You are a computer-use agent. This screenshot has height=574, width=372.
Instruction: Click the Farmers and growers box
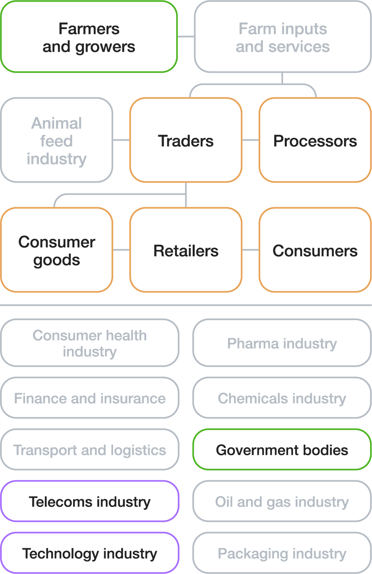click(x=89, y=37)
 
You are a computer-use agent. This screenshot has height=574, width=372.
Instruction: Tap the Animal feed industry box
click(x=57, y=140)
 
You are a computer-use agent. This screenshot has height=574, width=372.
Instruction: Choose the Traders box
click(x=186, y=140)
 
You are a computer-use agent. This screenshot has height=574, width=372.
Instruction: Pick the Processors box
click(x=315, y=140)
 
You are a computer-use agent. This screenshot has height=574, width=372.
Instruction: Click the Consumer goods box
click(x=57, y=250)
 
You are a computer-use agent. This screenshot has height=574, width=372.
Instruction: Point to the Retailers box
click(x=186, y=250)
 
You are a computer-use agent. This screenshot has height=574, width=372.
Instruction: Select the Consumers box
click(x=315, y=250)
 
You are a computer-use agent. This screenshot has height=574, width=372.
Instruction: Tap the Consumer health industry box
click(x=90, y=343)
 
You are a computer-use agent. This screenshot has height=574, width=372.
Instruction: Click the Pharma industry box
click(x=282, y=343)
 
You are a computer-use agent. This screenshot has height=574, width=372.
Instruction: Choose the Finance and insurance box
click(x=90, y=398)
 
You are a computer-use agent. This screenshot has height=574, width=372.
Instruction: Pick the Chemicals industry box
click(x=282, y=398)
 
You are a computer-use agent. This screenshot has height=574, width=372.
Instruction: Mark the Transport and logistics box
click(x=90, y=450)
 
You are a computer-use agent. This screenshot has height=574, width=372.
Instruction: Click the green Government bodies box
click(x=282, y=450)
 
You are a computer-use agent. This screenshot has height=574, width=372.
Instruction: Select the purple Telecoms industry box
click(x=90, y=501)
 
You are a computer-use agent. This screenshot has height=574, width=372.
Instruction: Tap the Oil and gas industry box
click(x=282, y=501)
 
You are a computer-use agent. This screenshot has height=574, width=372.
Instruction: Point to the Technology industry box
click(x=90, y=553)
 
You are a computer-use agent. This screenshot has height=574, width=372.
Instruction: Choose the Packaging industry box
click(x=282, y=553)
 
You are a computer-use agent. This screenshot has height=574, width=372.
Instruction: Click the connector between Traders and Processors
click(x=250, y=140)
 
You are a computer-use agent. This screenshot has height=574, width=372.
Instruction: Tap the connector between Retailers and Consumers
click(x=250, y=250)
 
